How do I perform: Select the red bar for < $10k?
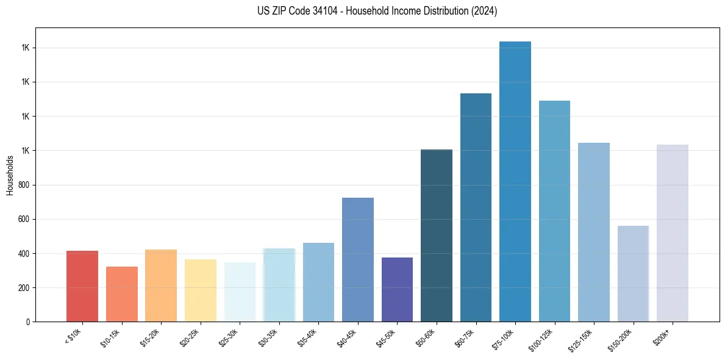click(82, 286)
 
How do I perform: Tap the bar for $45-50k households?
click(397, 289)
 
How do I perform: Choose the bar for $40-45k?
click(358, 259)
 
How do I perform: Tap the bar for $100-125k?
click(554, 211)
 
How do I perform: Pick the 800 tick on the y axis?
click(24, 185)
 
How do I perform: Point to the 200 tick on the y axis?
click(24, 287)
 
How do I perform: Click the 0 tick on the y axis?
click(28, 322)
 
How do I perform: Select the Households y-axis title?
click(10, 175)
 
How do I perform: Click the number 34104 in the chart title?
click(309, 11)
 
